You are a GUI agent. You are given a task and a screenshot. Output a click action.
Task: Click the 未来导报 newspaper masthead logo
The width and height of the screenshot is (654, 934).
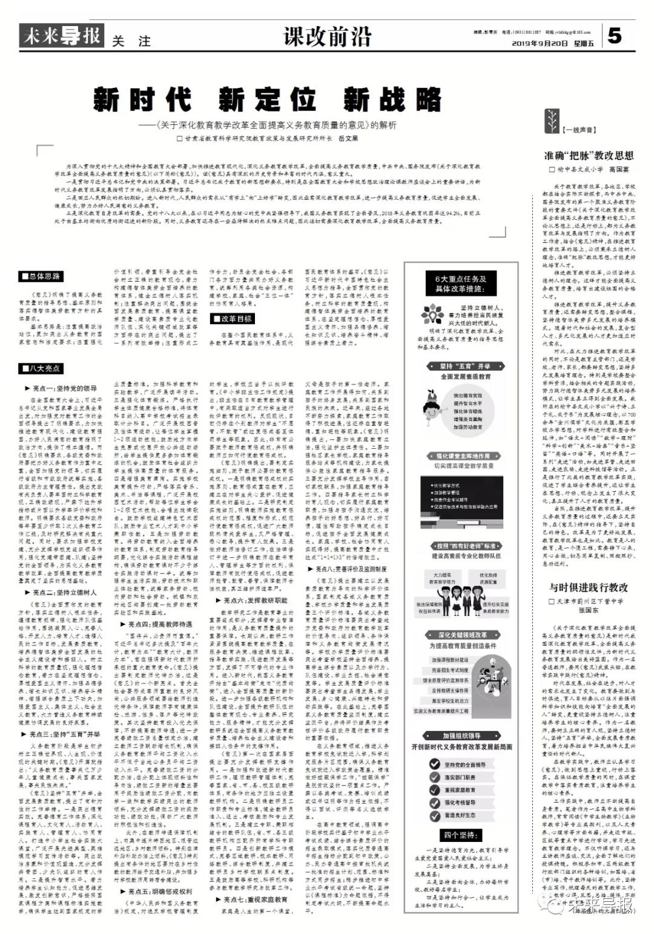[x=61, y=36]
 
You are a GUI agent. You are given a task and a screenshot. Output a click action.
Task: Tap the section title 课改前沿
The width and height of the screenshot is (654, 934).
[x=327, y=37]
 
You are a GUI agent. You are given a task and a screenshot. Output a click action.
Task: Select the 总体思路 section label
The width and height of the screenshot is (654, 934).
[x=41, y=276]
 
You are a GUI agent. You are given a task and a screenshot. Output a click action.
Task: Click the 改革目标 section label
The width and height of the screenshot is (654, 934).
[x=232, y=319]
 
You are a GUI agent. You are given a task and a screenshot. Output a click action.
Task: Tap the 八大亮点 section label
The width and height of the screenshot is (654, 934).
[x=41, y=368]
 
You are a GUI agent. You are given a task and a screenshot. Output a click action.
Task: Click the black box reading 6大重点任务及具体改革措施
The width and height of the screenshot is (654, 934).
[x=461, y=283]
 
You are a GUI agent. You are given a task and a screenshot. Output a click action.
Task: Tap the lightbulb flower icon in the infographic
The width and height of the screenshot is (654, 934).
[x=433, y=313]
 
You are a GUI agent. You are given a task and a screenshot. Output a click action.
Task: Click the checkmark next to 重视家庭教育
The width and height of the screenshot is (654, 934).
[x=435, y=790]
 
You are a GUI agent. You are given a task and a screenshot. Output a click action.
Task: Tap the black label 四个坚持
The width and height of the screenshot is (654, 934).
[x=460, y=834]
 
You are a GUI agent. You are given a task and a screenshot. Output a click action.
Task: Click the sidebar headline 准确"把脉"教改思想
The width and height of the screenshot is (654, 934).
[x=588, y=156]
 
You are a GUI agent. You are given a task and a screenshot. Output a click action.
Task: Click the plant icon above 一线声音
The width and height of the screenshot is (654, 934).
[x=552, y=118]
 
